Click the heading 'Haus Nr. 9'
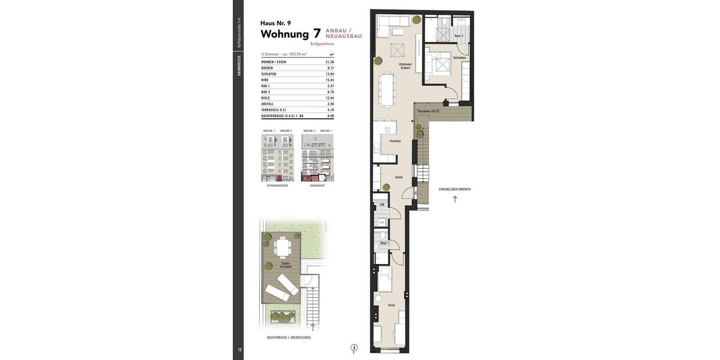point(275,23)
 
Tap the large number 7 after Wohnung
point(317,34)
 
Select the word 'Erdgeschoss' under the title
point(322,44)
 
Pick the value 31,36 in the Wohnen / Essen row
point(329,62)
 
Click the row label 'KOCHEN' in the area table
point(268,68)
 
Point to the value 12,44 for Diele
point(329,98)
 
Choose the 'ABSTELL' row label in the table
point(268,104)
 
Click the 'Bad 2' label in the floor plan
point(458,36)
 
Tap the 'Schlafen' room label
point(460,58)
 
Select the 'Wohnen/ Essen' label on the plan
point(406,66)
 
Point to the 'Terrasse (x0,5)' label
point(427,111)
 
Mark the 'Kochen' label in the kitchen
point(395,141)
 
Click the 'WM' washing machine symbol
point(382,223)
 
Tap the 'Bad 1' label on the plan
point(384,243)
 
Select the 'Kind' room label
point(391,305)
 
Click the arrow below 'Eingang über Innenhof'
point(455,199)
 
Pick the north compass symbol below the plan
point(354,347)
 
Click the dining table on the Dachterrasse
point(281,247)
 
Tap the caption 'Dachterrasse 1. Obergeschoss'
point(289,338)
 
